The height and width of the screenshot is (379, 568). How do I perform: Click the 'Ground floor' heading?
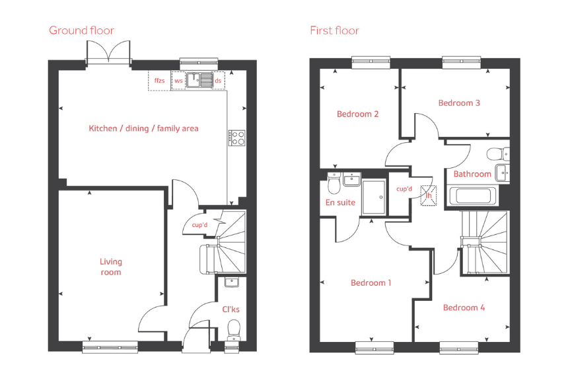click(81, 30)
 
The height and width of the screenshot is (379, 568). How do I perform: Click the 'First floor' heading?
click(334, 30)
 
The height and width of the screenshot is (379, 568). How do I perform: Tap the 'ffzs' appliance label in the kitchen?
click(159, 81)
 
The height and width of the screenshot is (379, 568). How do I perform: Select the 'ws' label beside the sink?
click(178, 81)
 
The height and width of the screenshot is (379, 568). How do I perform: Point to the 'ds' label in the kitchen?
click(219, 81)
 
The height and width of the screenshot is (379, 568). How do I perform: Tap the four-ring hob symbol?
click(237, 138)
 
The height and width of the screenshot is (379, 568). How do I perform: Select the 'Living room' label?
click(111, 267)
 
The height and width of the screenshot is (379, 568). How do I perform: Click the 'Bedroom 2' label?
click(357, 114)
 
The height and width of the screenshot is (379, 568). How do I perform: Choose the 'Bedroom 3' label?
click(459, 103)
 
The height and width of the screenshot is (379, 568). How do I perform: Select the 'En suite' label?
click(340, 202)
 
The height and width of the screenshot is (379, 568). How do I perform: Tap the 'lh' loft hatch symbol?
click(428, 195)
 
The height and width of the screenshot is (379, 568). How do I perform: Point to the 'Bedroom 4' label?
click(464, 308)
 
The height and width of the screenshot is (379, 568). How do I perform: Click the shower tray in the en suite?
click(374, 196)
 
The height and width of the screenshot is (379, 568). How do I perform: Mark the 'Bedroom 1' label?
click(371, 283)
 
